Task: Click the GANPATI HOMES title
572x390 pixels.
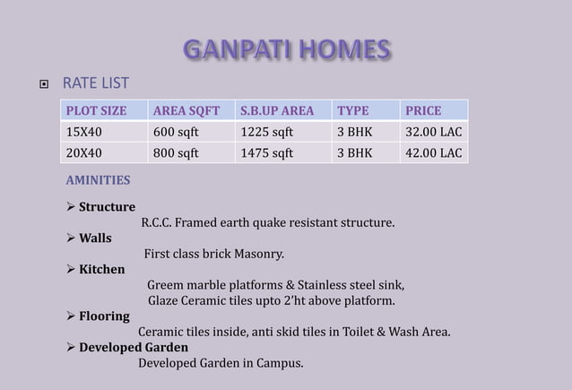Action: click(286, 49)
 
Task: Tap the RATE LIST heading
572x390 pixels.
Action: click(95, 84)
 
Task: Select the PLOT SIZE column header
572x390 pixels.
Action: click(93, 111)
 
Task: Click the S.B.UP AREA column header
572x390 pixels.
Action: click(276, 111)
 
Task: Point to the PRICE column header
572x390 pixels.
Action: click(423, 111)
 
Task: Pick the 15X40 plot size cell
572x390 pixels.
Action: click(82, 132)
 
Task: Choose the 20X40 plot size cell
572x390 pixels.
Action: click(82, 152)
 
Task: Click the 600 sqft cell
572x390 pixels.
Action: click(177, 132)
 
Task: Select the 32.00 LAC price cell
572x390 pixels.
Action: click(434, 132)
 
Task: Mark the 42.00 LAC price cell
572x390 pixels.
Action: click(434, 152)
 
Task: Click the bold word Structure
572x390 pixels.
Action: click(107, 207)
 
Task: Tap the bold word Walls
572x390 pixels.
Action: click(95, 238)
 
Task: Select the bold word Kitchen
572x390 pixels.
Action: click(101, 269)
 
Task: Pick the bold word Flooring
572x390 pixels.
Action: click(104, 316)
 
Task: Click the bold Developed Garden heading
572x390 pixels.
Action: click(134, 347)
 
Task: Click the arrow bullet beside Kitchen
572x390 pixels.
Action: click(72, 269)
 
